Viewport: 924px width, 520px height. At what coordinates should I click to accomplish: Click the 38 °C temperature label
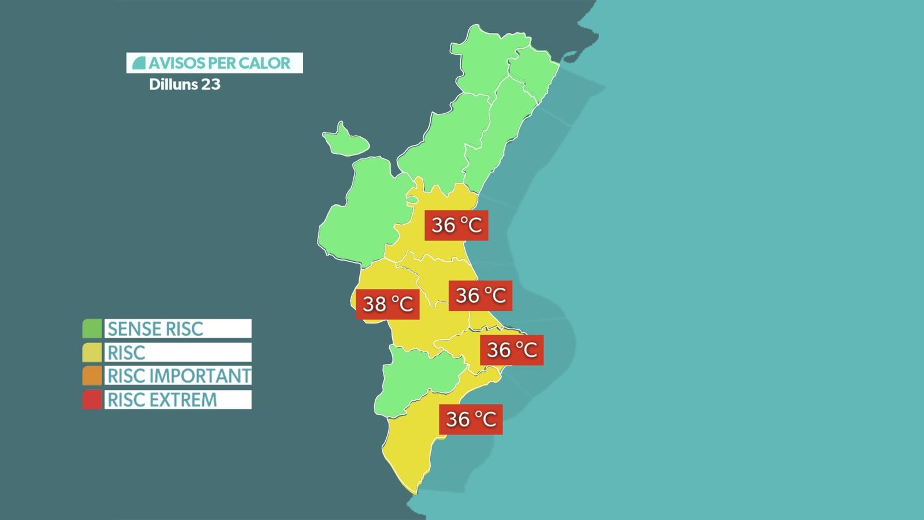[387, 303]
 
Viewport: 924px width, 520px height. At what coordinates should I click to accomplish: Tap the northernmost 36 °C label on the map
[456, 225]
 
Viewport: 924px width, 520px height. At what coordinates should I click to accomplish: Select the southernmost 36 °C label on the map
[471, 419]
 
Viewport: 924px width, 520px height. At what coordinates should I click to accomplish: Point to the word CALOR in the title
[265, 63]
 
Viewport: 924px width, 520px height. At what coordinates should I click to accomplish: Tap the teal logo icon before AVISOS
[139, 63]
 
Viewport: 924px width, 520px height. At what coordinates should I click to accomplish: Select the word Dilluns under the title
[173, 84]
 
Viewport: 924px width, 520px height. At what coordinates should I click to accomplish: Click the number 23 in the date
[211, 84]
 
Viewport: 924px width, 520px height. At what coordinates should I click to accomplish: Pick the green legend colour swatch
[92, 329]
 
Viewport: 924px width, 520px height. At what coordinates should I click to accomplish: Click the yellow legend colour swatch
[92, 352]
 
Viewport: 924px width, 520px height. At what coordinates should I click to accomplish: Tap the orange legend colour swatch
[92, 376]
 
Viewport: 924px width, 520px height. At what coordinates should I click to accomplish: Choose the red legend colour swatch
[92, 400]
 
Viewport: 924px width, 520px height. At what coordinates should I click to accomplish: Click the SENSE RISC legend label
[156, 329]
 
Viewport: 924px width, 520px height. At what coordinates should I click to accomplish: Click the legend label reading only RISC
[126, 352]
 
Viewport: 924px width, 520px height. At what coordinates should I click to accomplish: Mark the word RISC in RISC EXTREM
[126, 400]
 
